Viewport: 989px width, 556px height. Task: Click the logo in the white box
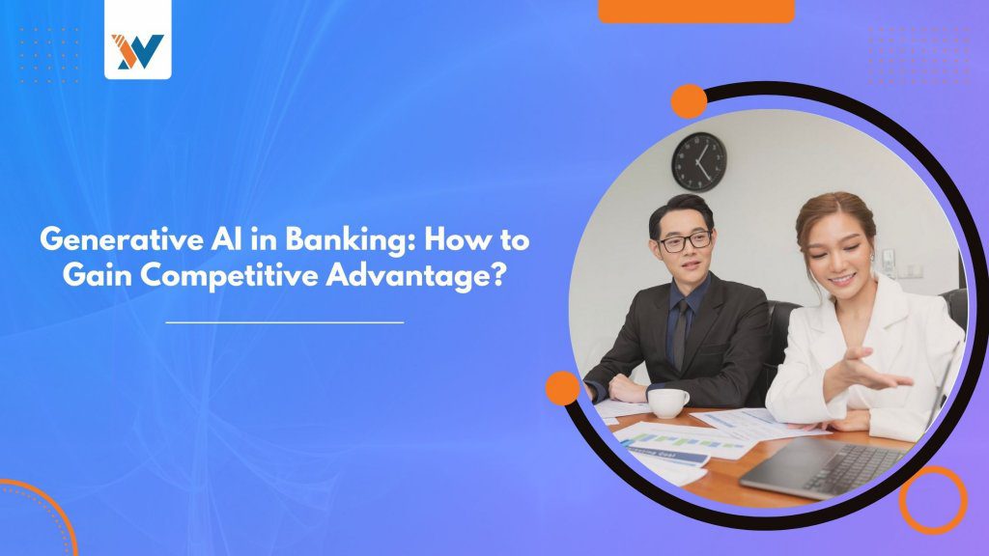pos(137,51)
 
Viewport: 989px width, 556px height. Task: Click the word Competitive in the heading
pos(230,276)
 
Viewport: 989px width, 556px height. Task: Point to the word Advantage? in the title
pos(415,276)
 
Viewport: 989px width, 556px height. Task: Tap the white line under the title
pos(285,322)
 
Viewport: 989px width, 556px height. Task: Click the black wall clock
pos(699,162)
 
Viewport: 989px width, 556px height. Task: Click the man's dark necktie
pos(680,334)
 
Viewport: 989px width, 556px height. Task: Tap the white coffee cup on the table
pos(669,403)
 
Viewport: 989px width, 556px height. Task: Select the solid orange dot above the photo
pos(689,100)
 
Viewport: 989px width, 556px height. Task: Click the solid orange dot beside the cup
pos(563,388)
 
